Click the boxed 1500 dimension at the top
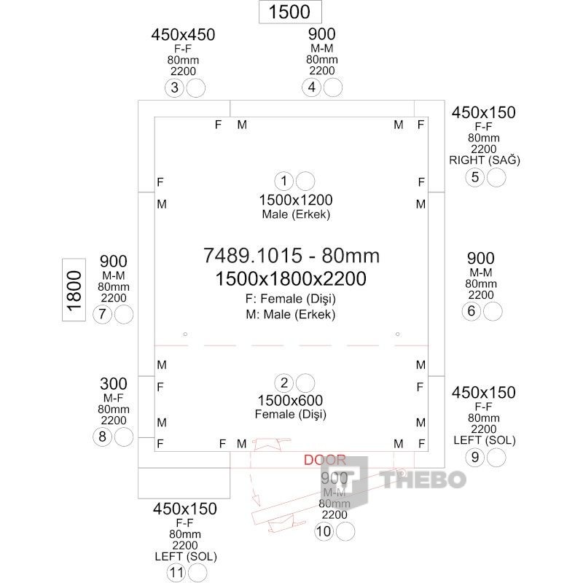[290, 12]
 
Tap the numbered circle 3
[174, 88]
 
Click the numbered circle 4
[312, 88]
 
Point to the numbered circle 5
[475, 177]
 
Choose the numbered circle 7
[102, 315]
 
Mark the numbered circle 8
[102, 437]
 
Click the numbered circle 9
[474, 458]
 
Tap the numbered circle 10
[324, 532]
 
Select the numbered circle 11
[176, 573]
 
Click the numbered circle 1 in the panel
[283, 181]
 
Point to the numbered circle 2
[283, 383]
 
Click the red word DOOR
[324, 460]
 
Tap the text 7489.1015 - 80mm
[291, 256]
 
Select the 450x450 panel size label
[183, 35]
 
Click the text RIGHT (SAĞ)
[485, 160]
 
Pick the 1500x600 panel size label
[290, 400]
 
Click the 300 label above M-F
[113, 384]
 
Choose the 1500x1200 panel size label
[296, 200]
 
